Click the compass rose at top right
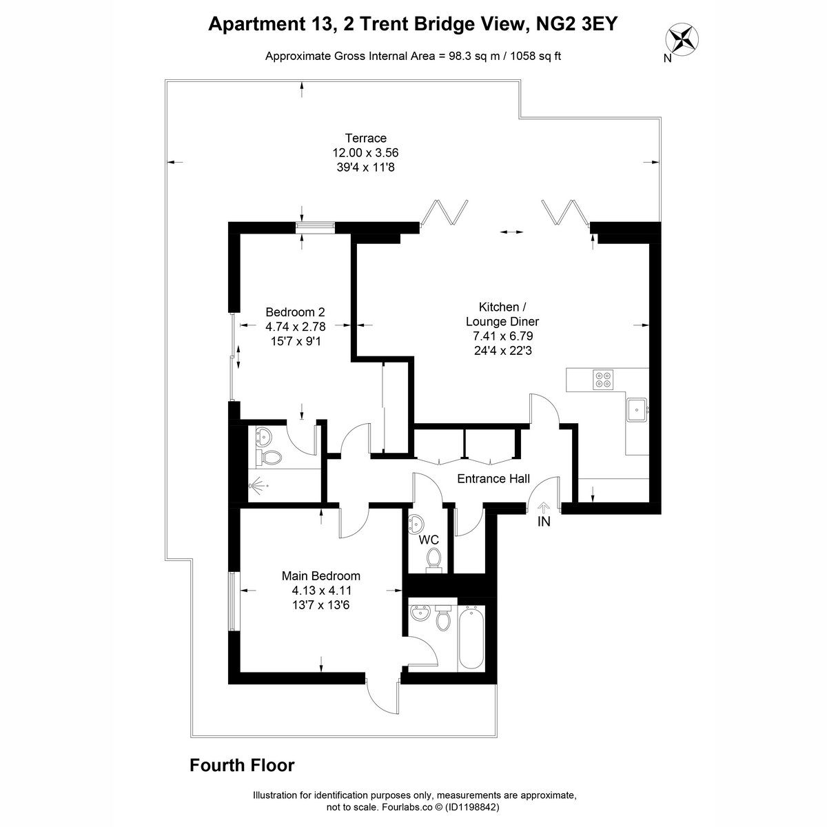point(682,41)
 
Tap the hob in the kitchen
point(603,379)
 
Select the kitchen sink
point(637,410)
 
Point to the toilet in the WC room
point(433,560)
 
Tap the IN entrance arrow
point(544,508)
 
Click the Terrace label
point(366,139)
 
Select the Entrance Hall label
point(493,478)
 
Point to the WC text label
point(429,540)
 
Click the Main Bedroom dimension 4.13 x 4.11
point(321,590)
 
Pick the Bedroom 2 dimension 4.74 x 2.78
point(295,327)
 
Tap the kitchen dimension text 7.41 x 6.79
point(502,336)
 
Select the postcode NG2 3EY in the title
point(576,24)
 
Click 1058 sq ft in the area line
point(535,57)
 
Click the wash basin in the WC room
point(416,523)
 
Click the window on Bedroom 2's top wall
point(316,228)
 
